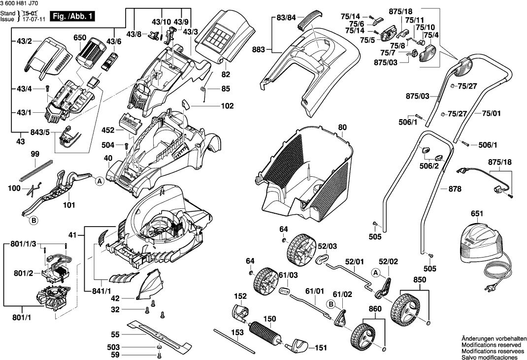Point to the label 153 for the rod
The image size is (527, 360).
pos(238,333)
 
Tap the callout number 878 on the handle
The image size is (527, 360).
pos(456,189)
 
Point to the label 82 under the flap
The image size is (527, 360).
pos(226,74)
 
